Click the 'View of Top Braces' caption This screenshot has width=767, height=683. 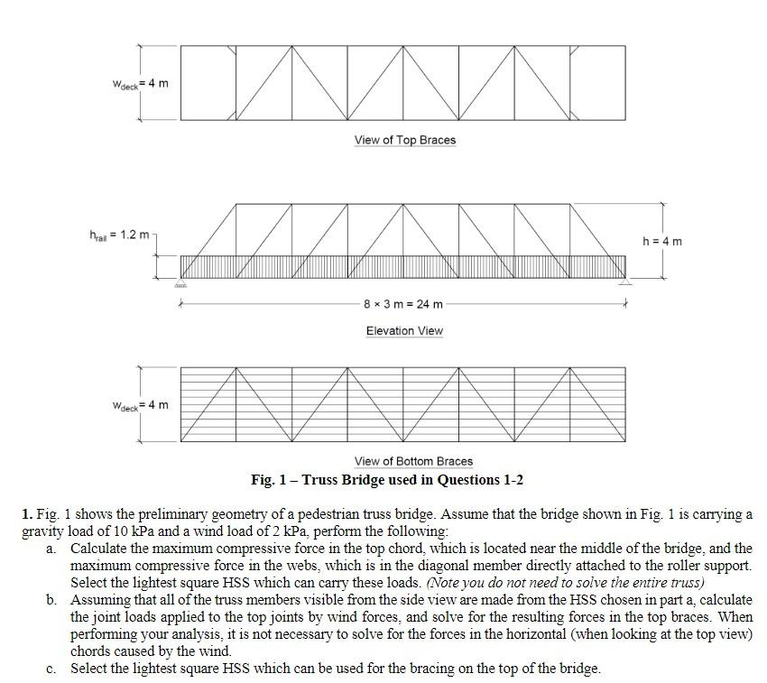pyautogui.click(x=404, y=140)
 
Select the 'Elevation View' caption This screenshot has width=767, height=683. pyautogui.click(x=404, y=331)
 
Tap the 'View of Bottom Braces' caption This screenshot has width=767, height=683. pyautogui.click(x=413, y=461)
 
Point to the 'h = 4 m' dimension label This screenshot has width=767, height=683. pyautogui.click(x=662, y=241)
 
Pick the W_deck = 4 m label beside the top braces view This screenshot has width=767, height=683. pyautogui.click(x=140, y=84)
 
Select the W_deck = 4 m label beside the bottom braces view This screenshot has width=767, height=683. pyautogui.click(x=140, y=405)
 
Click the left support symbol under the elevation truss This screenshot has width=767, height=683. pyautogui.click(x=180, y=283)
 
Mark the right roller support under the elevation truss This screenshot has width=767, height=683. pyautogui.click(x=625, y=283)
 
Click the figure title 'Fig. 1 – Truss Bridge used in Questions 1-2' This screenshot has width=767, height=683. pyautogui.click(x=387, y=479)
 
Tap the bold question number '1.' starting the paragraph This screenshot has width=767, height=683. pyautogui.click(x=27, y=514)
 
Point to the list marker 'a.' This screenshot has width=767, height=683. pyautogui.click(x=51, y=549)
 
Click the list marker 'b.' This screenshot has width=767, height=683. pyautogui.click(x=51, y=600)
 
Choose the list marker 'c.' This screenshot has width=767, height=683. pyautogui.click(x=51, y=669)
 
